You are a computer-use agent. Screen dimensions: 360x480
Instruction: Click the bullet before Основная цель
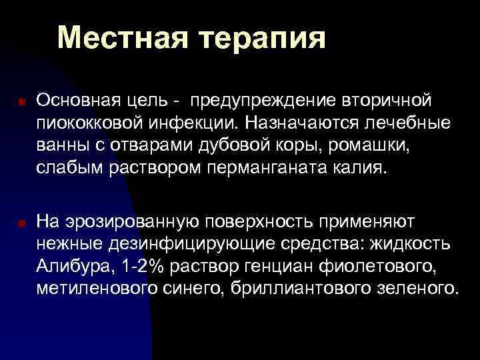pyautogui.click(x=21, y=103)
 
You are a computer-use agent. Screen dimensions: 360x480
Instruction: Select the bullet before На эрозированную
pyautogui.click(x=21, y=223)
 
